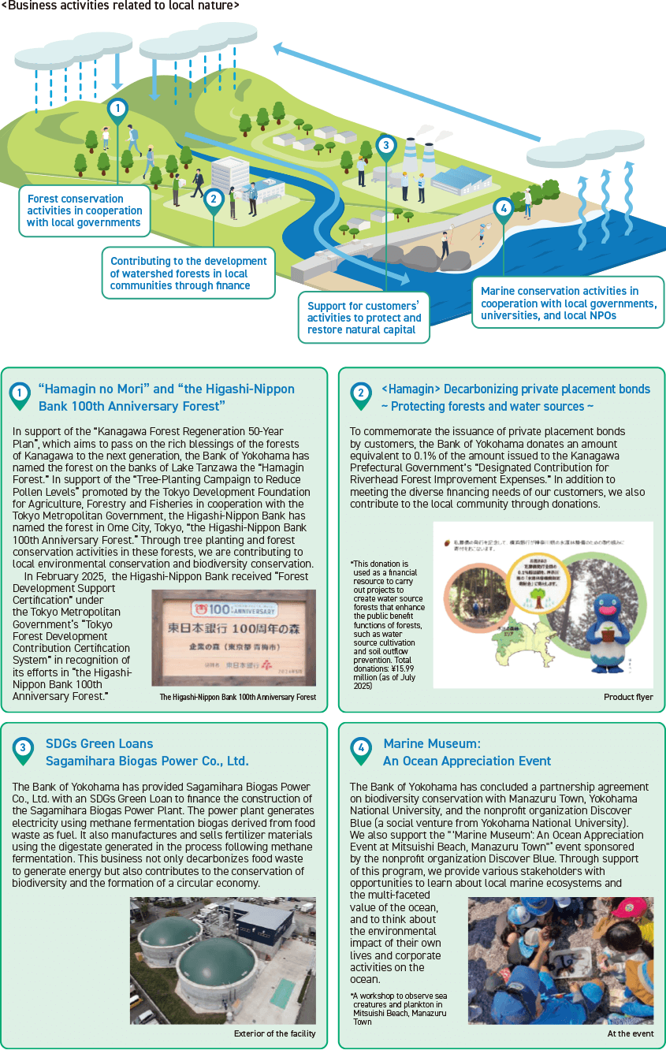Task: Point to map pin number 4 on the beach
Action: [502, 209]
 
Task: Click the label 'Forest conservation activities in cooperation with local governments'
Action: [85, 210]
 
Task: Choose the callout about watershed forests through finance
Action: [188, 274]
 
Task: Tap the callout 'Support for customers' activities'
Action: [363, 318]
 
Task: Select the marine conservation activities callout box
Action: [567, 303]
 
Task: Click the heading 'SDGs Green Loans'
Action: [99, 743]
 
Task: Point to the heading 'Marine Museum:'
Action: [432, 743]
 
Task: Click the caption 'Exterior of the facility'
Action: [274, 1033]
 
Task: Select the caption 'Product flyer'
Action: [628, 697]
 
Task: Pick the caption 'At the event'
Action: [630, 1033]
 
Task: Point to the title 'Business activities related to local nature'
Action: [121, 6]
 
